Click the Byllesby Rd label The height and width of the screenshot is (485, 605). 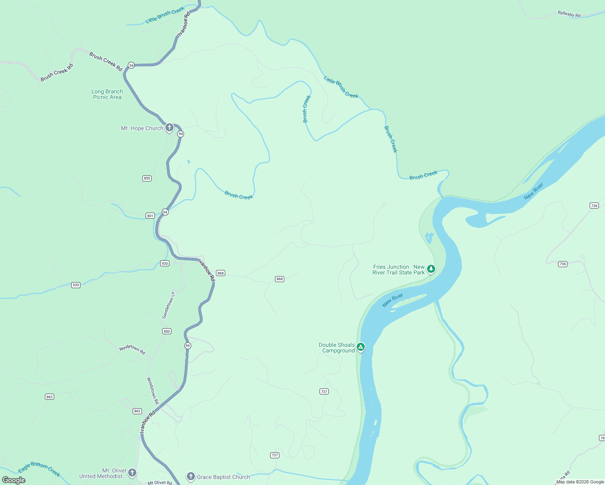point(569,14)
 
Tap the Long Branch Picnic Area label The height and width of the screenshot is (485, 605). point(107,94)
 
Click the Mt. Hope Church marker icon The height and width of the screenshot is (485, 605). point(169,128)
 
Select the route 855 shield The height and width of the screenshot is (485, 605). point(147,178)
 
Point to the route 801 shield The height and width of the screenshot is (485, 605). point(150,216)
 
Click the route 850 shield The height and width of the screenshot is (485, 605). point(167,331)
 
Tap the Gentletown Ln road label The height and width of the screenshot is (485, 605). point(168,305)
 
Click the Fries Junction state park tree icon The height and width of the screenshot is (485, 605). point(431,269)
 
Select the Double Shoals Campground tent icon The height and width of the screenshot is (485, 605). point(361,347)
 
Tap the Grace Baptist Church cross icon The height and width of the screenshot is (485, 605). point(190,477)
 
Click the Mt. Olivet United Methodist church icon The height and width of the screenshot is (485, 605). point(132,472)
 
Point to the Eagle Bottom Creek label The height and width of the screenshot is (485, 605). point(39,469)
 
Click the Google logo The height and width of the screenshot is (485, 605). point(14,480)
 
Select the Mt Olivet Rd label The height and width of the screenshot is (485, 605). point(160,483)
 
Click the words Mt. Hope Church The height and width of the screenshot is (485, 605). point(142,129)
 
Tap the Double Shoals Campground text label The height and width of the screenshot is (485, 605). point(336,348)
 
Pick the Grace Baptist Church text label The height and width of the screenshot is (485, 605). point(223,477)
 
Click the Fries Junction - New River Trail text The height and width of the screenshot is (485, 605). point(399,270)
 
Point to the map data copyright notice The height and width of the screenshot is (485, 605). point(580,482)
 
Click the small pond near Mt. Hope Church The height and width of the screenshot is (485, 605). point(188,162)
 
